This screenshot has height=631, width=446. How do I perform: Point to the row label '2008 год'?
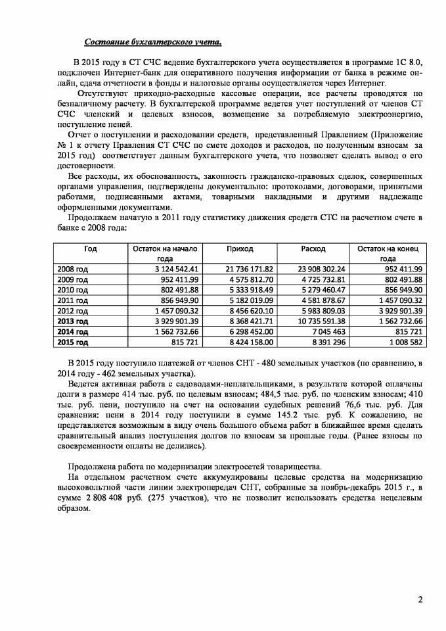tap(72, 269)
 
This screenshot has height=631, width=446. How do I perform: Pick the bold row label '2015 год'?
tap(73, 342)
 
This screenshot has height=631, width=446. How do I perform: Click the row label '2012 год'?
tap(72, 311)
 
